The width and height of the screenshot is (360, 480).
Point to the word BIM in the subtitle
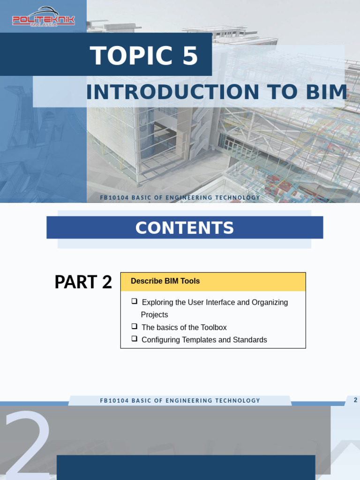point(326,92)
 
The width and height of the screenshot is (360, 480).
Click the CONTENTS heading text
point(184,228)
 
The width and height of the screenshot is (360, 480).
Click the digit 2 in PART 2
point(106,282)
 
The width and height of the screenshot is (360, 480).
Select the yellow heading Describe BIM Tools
point(165,281)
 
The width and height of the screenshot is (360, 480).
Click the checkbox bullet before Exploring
point(135,301)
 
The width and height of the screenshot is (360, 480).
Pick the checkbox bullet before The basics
point(135,326)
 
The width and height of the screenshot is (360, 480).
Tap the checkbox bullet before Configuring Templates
point(135,338)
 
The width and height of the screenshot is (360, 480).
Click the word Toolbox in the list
point(213,328)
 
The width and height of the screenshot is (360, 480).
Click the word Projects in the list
point(154,315)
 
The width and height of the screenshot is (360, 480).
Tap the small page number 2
point(355,400)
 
